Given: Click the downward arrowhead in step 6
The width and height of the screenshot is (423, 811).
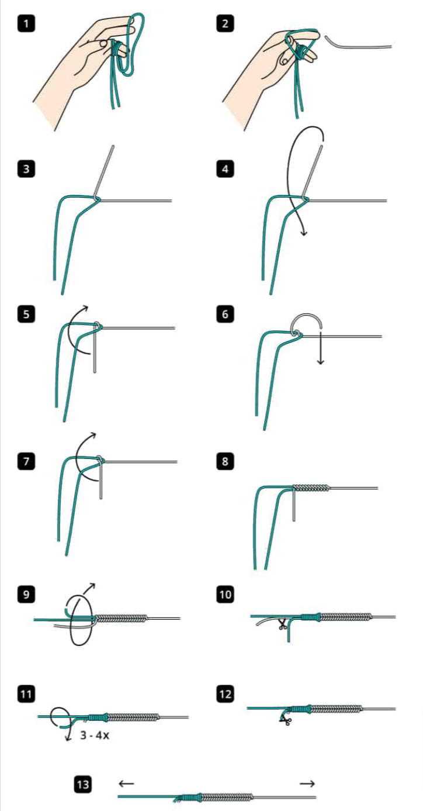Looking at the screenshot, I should coord(320,361).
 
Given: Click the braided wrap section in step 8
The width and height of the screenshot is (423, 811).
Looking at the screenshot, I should coord(311,488).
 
